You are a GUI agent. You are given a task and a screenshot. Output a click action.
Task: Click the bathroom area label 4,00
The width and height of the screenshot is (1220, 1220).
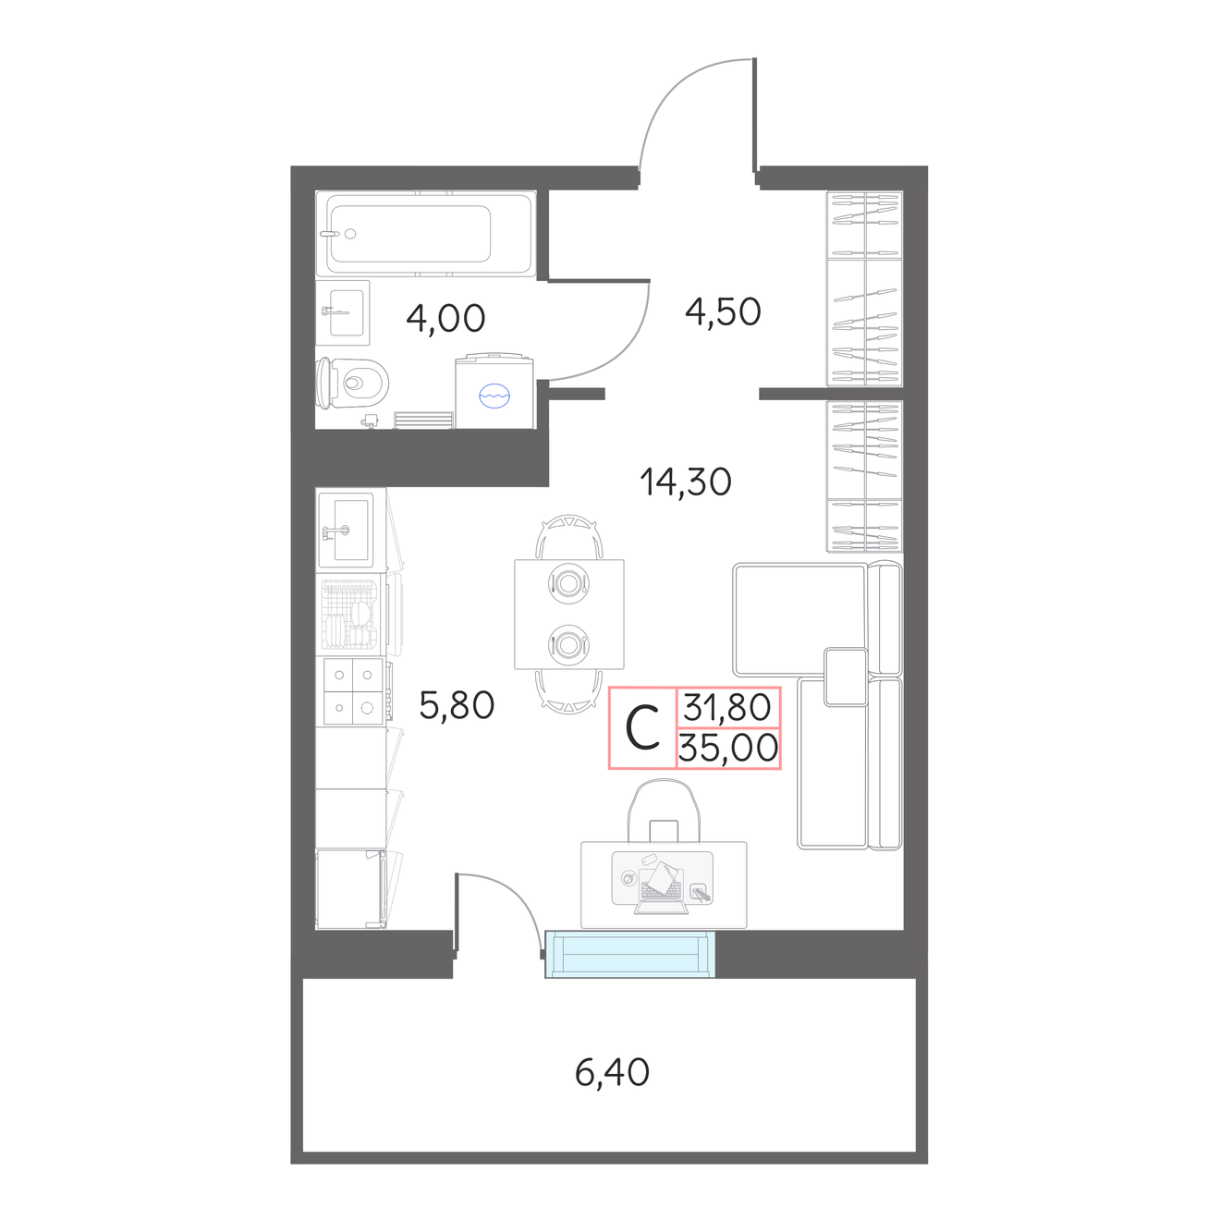click(445, 318)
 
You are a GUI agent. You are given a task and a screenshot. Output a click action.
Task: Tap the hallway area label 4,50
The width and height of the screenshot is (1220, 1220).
click(723, 311)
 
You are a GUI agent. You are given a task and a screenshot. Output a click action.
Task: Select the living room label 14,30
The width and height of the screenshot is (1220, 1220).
click(686, 482)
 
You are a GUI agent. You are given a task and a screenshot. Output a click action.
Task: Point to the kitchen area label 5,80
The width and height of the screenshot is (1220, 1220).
click(457, 705)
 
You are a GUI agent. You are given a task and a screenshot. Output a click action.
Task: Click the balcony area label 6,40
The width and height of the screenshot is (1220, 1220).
click(612, 1072)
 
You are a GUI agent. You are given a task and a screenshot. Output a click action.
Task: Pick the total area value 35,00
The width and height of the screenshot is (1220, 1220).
click(728, 748)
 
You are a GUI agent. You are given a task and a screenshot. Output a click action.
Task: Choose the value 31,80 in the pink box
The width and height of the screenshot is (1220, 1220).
click(727, 707)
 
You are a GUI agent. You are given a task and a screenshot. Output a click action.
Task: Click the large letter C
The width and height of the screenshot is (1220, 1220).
click(642, 727)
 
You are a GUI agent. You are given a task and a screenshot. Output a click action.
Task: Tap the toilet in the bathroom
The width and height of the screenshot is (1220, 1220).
click(352, 383)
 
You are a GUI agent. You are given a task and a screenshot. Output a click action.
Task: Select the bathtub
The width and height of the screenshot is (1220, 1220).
click(426, 234)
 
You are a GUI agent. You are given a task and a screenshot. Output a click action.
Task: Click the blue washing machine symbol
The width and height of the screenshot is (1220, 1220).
click(494, 395)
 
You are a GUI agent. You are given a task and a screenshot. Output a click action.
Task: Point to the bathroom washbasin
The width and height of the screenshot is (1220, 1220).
click(343, 312)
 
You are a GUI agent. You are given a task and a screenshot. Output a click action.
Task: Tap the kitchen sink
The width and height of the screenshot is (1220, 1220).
click(351, 530)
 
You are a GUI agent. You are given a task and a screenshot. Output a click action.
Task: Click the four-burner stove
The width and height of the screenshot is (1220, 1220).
click(353, 691)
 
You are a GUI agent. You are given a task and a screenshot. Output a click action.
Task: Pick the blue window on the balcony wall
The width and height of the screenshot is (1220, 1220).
click(630, 954)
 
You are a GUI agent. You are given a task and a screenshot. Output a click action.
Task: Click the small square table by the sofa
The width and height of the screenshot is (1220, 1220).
click(845, 677)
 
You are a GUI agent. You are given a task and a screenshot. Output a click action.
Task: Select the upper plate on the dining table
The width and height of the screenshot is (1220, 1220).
click(568, 582)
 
